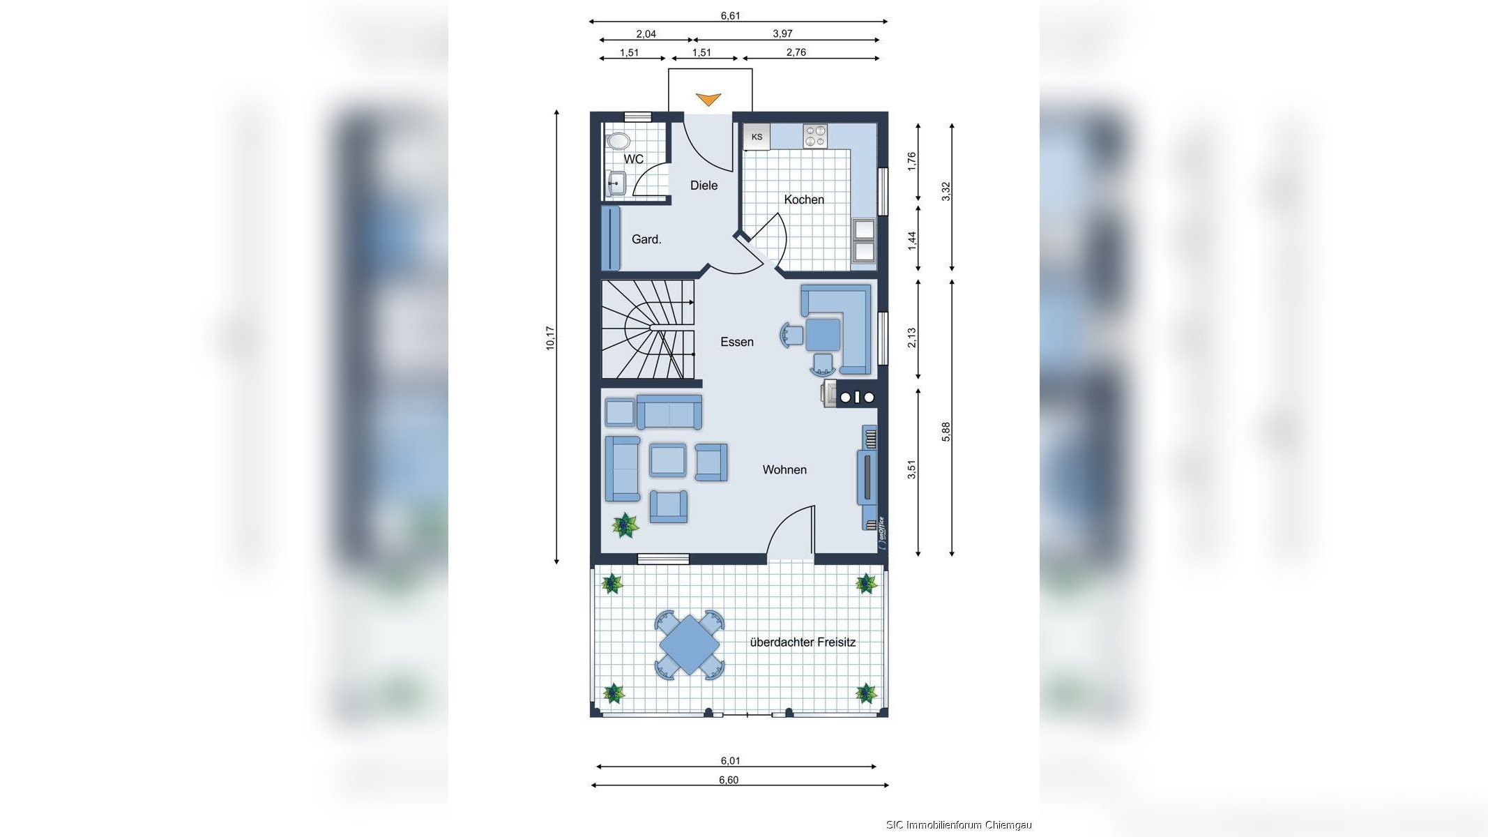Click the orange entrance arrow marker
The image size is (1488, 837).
pos(708,100)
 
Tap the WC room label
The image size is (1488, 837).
pos(634,160)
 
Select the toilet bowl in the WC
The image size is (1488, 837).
pos(618,141)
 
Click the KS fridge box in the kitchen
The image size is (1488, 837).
pos(757,137)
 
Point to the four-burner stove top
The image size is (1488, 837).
pos(814,136)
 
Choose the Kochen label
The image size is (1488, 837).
pos(804,199)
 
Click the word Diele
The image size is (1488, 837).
pos(704,186)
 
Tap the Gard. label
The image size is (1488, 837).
pos(646,239)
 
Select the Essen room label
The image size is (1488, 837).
pos(737,342)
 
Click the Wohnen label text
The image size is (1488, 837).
pos(784,470)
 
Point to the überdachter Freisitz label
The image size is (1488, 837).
pos(803,642)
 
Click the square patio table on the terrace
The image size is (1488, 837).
pos(689,644)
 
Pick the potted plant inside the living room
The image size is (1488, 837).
pos(625,525)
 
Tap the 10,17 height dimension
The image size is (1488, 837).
pos(550,338)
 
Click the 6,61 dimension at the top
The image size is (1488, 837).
pos(730,15)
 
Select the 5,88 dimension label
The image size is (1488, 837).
pos(946,432)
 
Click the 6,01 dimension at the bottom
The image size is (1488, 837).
pos(730,761)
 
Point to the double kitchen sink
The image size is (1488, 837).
pos(864,240)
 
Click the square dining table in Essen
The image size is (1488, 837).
pos(823,335)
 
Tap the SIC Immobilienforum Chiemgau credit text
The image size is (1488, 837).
pos(959,825)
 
